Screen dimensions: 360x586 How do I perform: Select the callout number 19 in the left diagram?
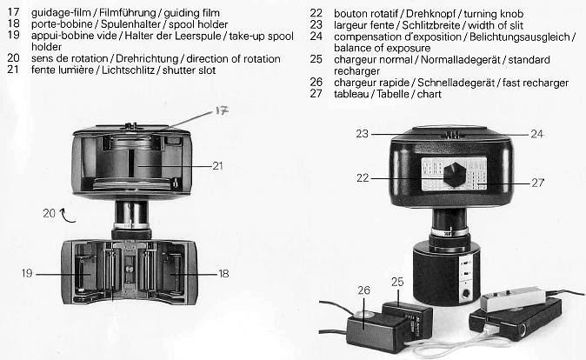(x=29, y=273)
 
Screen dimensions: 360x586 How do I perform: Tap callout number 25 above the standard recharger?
(x=397, y=283)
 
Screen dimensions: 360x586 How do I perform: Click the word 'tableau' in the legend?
(x=357, y=92)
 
